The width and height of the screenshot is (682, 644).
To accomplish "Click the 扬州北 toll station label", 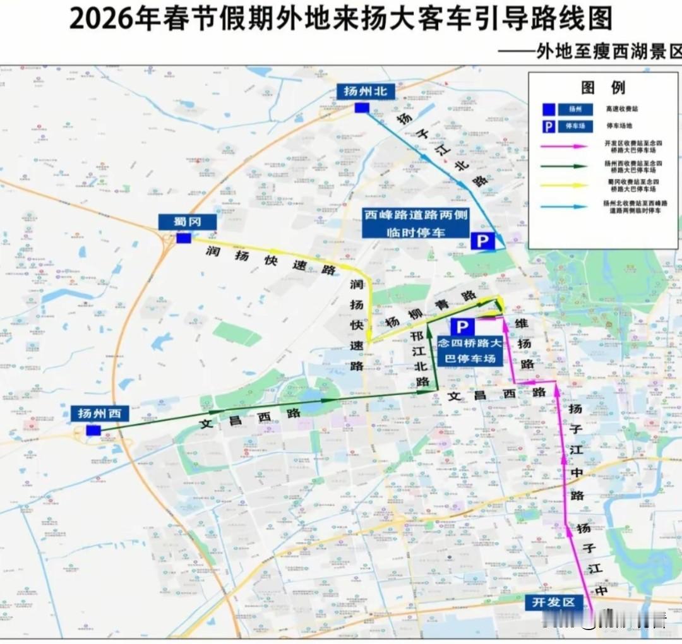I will coord(366,91).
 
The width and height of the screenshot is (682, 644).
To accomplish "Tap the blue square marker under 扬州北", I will coord(361,108).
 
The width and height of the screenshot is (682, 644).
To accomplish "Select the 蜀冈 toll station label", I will coord(187,222).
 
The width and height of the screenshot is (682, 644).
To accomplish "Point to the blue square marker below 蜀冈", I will coord(183,239).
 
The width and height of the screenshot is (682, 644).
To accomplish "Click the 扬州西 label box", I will coord(100,414).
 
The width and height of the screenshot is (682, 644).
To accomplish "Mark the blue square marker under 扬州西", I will coord(93,431).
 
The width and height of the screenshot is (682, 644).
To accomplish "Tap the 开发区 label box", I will coord(554,602).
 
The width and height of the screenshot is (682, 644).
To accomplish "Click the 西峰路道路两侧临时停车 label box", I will coord(416,224).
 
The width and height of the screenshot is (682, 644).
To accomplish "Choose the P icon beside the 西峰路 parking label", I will coord(482,241).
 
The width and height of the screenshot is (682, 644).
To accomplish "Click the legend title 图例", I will coord(602,87).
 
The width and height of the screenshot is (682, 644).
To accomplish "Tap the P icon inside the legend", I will coord(549,127).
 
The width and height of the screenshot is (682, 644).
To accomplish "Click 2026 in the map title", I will coord(100,19).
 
